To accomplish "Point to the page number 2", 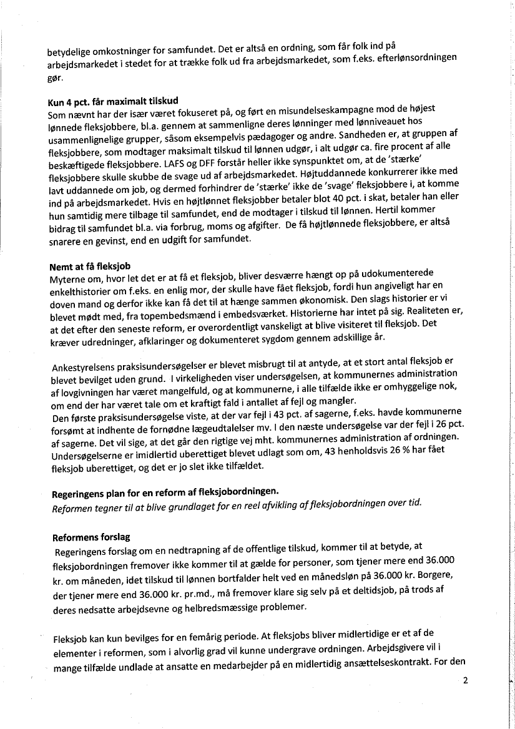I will (466, 681).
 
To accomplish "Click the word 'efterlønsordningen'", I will (416, 56).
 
